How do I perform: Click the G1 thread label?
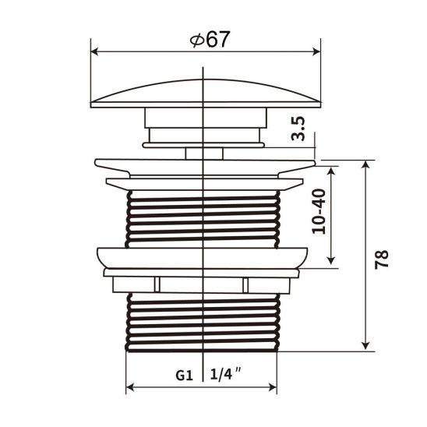182,374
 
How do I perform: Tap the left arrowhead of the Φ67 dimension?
95,51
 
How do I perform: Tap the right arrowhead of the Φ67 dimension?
317,51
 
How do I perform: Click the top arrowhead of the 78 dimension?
364,164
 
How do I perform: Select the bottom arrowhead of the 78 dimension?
364,347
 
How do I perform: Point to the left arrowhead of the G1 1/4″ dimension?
130,387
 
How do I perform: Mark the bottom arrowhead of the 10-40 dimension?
333,261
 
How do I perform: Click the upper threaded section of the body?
203,218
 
